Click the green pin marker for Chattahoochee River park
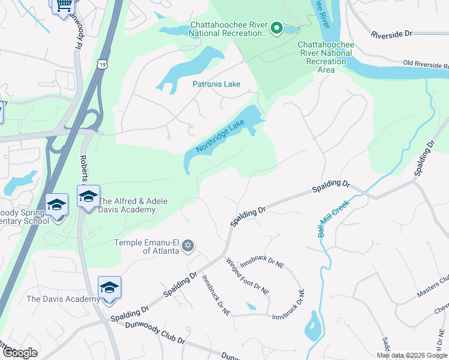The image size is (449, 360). click(276, 28)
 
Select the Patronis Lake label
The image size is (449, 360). click(216, 85)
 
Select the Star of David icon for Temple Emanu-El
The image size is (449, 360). click(187, 245)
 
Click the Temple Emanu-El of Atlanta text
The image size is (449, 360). click(146, 247)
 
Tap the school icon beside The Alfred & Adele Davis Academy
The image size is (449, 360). click(88, 197)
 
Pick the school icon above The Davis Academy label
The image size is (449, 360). click(109, 288)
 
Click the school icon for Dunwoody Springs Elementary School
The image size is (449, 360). click(56, 205)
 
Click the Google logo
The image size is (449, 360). click(20, 352)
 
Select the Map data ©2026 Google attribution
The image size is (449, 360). click(412, 355)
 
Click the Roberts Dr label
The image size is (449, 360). click(84, 169)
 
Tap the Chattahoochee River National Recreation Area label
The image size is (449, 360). click(325, 57)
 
